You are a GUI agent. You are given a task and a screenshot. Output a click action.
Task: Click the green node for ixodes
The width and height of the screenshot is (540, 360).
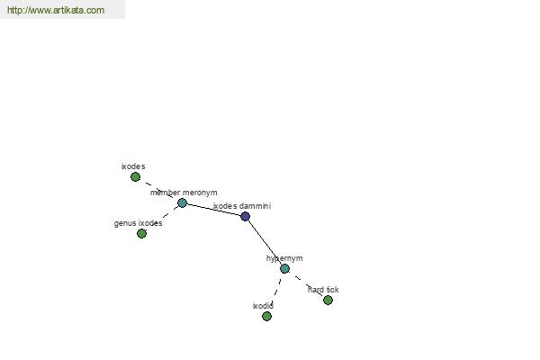135,177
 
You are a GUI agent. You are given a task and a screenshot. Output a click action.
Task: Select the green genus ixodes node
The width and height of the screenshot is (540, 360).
141,234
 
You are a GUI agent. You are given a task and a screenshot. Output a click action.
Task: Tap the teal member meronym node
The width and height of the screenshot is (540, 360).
182,202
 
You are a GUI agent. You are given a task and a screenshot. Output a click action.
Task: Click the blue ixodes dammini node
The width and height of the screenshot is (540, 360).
245,216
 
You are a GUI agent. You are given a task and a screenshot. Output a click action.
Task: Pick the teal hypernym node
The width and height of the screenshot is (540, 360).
284,269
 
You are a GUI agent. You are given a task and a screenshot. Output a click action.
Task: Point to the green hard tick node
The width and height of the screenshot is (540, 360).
328,300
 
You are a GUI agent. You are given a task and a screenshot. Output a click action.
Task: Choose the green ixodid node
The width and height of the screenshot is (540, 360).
266,316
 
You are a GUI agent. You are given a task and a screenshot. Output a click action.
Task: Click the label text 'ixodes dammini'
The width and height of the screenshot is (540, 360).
242,206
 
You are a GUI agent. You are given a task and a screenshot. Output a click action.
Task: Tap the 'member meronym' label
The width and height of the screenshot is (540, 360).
184,193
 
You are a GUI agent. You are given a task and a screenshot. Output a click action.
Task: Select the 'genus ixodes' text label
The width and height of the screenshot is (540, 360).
138,223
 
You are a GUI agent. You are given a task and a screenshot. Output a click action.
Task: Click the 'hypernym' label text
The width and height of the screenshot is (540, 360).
284,258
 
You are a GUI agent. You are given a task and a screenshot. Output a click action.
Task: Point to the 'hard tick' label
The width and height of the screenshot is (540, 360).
323,290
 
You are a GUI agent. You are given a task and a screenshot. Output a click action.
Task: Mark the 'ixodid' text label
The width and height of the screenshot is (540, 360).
263,306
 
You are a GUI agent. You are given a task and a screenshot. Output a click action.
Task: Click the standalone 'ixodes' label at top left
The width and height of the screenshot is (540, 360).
133,166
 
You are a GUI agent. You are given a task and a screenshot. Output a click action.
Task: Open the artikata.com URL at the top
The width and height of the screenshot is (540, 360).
56,10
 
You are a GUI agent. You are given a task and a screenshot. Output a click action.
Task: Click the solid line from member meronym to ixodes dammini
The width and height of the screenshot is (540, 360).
213,210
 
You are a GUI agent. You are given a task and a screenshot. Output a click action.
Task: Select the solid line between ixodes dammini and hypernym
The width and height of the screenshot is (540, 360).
265,242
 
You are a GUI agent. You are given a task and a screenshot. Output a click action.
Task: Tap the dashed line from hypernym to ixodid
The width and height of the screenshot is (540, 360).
276,292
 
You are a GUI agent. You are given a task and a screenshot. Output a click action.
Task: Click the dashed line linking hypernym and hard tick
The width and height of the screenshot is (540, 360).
306,284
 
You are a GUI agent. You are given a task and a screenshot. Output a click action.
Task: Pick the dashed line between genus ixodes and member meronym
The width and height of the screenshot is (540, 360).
162,219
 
